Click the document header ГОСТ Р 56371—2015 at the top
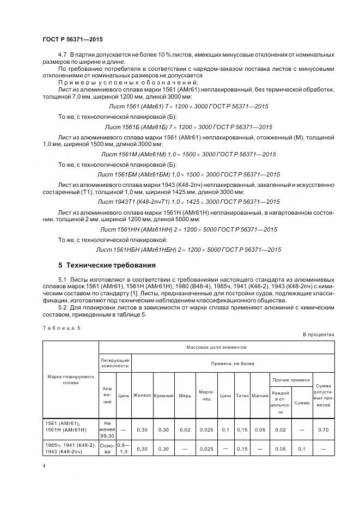pos(72,40)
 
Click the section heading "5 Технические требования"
pos(107,265)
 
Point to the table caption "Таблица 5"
pos(60,327)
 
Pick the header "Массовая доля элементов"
pos(216,347)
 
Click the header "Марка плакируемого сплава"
pos(71,379)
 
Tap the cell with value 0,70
pos(324,429)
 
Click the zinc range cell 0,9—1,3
pos(124,448)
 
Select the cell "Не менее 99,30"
pos(107,429)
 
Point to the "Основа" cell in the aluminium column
pos(107,448)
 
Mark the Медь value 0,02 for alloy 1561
pos(185,429)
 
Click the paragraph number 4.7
pos(62,55)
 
